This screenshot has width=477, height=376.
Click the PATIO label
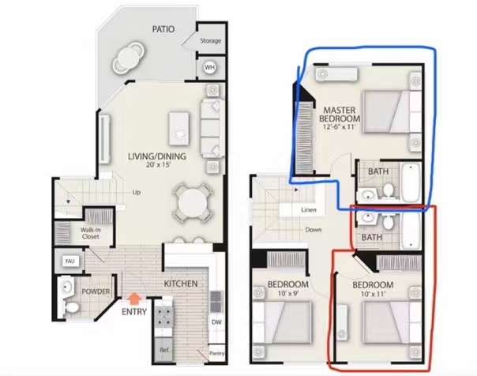coord(163,29)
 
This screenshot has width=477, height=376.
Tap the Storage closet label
coord(211,41)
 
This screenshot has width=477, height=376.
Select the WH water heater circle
coord(209,67)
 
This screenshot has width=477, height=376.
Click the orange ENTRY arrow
coord(133,299)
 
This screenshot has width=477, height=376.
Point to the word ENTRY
coord(134,312)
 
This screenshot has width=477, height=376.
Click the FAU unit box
coord(70,261)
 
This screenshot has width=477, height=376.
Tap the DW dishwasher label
coord(216,322)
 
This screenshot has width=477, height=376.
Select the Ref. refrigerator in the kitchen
coord(164,349)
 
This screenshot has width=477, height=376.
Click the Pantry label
coord(217,353)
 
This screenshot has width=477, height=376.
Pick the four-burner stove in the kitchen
coord(164,317)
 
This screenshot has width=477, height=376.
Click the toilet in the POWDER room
coord(71,307)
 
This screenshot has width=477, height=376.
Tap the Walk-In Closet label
coord(91,233)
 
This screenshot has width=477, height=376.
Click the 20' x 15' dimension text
coord(157,165)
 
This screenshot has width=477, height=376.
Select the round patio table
coord(128,57)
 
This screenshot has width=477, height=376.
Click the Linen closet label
coord(309,210)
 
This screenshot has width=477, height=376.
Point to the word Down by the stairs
coord(314,230)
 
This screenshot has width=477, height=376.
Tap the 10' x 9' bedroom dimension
coord(288,294)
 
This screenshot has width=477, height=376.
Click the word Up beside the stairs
coord(137,193)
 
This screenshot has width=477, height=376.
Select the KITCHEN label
coord(181,284)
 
